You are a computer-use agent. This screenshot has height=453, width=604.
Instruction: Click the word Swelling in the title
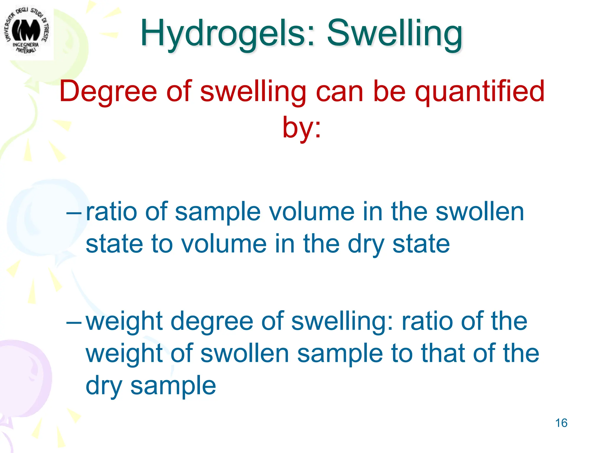pos(395,33)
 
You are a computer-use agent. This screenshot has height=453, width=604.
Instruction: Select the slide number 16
pos(561,423)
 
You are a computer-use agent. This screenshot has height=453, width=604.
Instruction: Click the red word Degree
pos(108,91)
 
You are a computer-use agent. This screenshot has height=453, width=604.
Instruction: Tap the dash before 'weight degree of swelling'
pos(74,321)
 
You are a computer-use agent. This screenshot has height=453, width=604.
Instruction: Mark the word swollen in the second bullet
pos(244,354)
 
